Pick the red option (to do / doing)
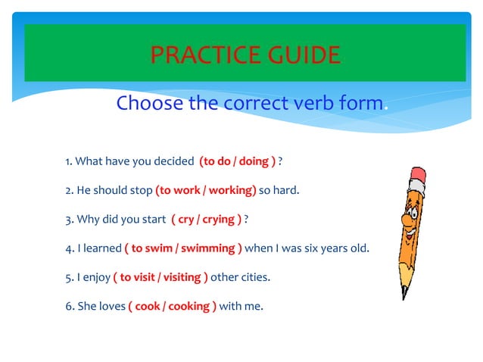237,161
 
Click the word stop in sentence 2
139,190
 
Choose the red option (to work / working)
206,190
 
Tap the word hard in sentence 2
286,190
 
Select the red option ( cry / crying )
207,219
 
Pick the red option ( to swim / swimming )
183,248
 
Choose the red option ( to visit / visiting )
160,276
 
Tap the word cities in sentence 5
255,276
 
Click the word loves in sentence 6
110,306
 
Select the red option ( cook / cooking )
172,306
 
